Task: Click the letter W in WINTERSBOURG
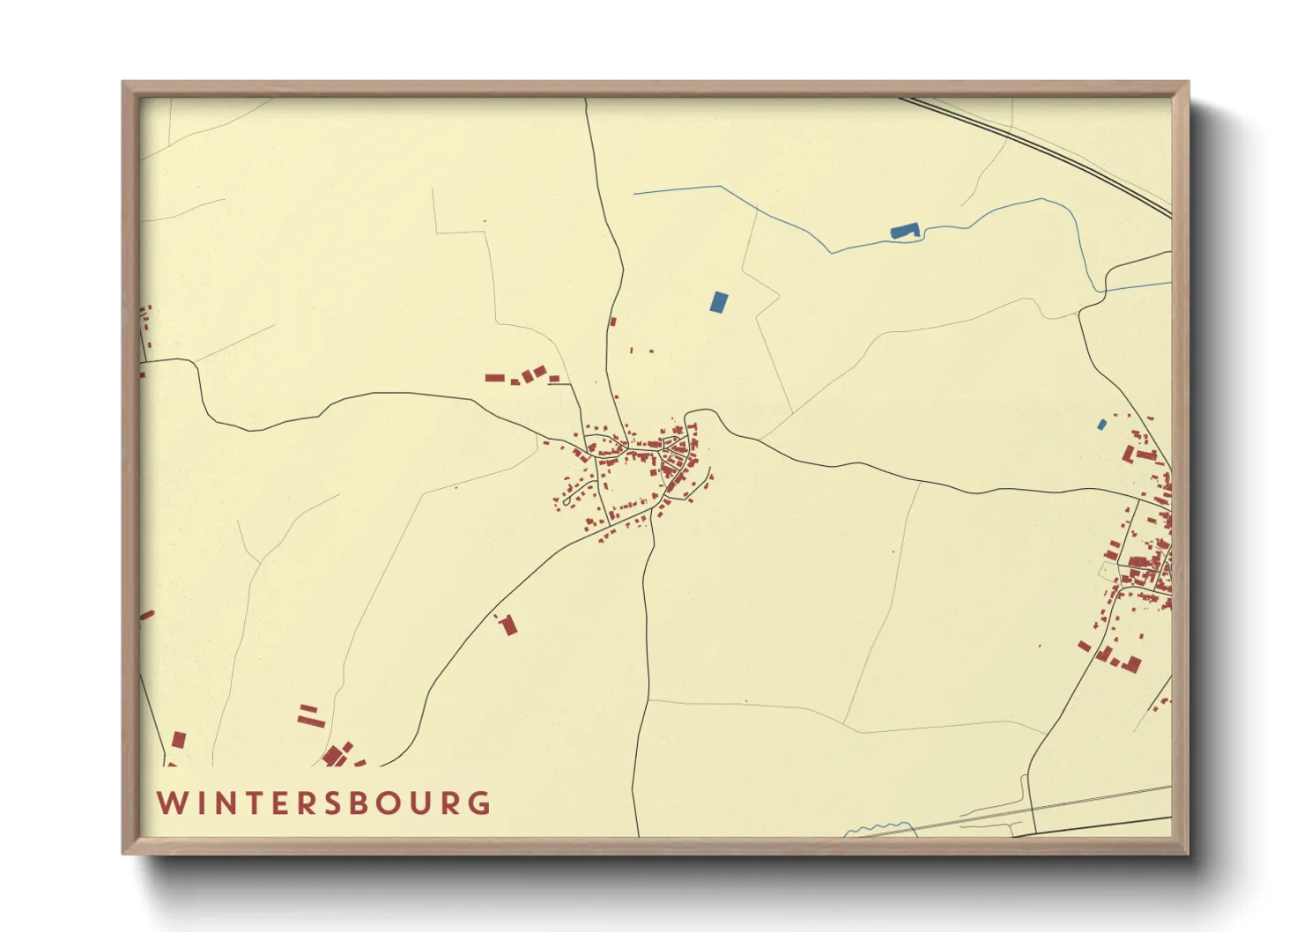coord(170,803)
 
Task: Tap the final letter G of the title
coord(480,803)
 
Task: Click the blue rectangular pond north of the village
coord(719,302)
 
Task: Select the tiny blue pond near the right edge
coord(1101,425)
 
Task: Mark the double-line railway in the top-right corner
coord(1040,146)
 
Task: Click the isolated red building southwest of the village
coord(508,625)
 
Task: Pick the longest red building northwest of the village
coord(494,378)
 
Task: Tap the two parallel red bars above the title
coord(309,714)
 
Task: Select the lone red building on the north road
coord(613,322)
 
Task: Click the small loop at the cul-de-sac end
coord(566,502)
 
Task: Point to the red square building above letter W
coord(179,740)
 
